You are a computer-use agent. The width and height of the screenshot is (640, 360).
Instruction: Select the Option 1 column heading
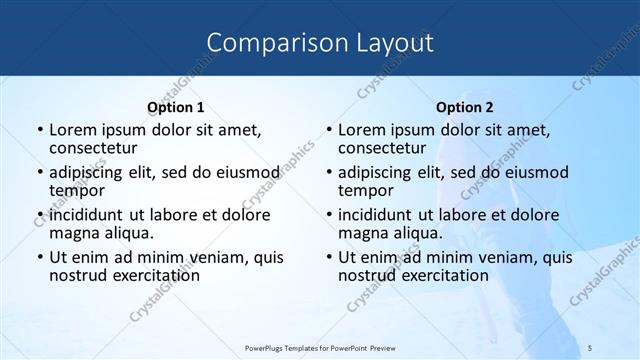[x=175, y=106]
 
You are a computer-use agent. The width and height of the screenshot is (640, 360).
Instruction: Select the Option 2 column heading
[x=465, y=106]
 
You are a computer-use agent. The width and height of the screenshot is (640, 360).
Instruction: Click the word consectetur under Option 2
[x=387, y=148]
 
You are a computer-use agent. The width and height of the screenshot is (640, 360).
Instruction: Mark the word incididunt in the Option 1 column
[x=87, y=215]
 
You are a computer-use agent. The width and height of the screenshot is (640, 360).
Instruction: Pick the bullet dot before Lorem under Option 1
[x=38, y=131]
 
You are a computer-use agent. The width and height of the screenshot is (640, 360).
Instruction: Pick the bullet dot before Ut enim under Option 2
[x=328, y=257]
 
